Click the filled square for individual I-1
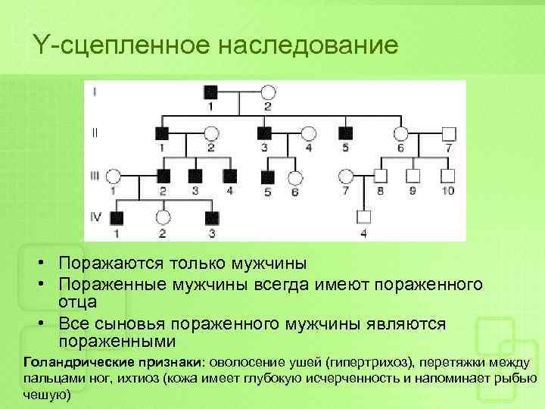tap(212, 92)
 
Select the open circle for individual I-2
tap(267, 92)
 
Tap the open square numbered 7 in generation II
tap(449, 133)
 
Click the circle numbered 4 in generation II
tap(308, 133)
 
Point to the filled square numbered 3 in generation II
tap(265, 133)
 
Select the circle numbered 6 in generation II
tap(400, 133)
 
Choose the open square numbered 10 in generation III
tap(448, 176)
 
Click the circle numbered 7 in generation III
tap(347, 176)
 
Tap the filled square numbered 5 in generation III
tap(266, 176)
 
